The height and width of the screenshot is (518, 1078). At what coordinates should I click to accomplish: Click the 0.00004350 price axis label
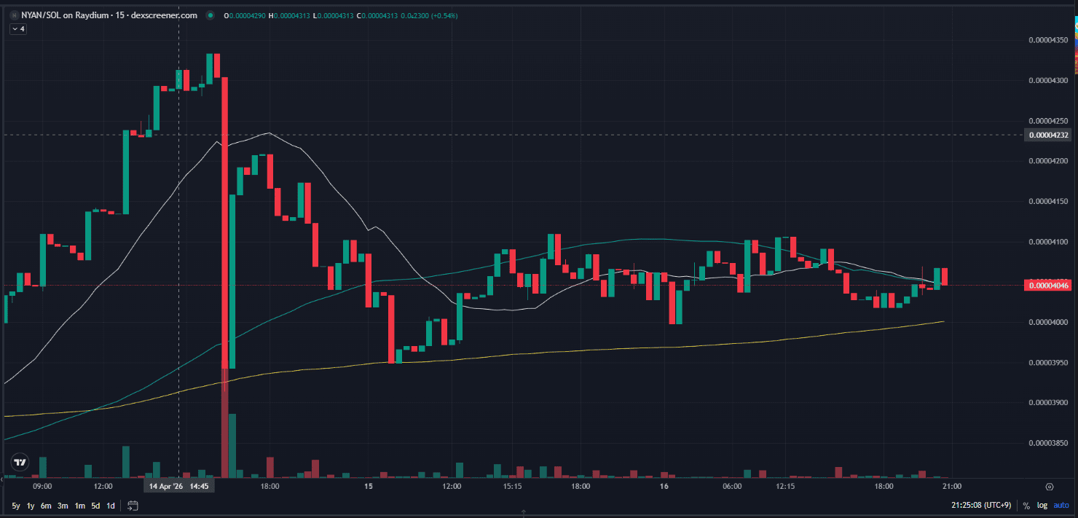(x=1047, y=39)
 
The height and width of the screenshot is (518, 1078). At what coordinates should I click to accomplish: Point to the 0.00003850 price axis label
(x=1047, y=442)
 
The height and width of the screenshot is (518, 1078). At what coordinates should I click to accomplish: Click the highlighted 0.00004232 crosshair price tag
(x=1047, y=135)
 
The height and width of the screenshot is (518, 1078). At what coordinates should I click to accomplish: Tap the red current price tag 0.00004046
(x=1047, y=286)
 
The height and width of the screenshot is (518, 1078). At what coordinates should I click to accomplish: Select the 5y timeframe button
(x=16, y=506)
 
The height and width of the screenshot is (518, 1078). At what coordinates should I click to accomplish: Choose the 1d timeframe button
(x=111, y=506)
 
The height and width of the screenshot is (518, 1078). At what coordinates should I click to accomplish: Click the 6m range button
(x=46, y=506)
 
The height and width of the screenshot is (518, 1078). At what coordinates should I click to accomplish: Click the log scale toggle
(x=1042, y=506)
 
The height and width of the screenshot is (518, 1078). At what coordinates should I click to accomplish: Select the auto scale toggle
(x=1062, y=506)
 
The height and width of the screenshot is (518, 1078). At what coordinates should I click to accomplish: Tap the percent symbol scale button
(x=1026, y=506)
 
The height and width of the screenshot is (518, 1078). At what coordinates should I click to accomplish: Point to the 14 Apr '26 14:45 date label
(x=179, y=486)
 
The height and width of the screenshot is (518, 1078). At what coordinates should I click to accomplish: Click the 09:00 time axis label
(x=42, y=486)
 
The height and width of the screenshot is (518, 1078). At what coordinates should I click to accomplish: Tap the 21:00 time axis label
(x=951, y=486)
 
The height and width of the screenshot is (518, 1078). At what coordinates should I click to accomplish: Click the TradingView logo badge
(x=20, y=462)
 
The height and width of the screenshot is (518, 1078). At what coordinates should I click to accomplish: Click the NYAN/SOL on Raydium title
(x=101, y=15)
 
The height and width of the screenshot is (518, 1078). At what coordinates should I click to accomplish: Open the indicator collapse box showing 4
(x=18, y=29)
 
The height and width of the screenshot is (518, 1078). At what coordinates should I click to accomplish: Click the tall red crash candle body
(x=225, y=219)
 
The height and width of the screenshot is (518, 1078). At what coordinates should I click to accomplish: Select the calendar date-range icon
(x=133, y=506)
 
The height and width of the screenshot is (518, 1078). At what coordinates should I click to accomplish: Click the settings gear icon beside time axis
(x=1050, y=486)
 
